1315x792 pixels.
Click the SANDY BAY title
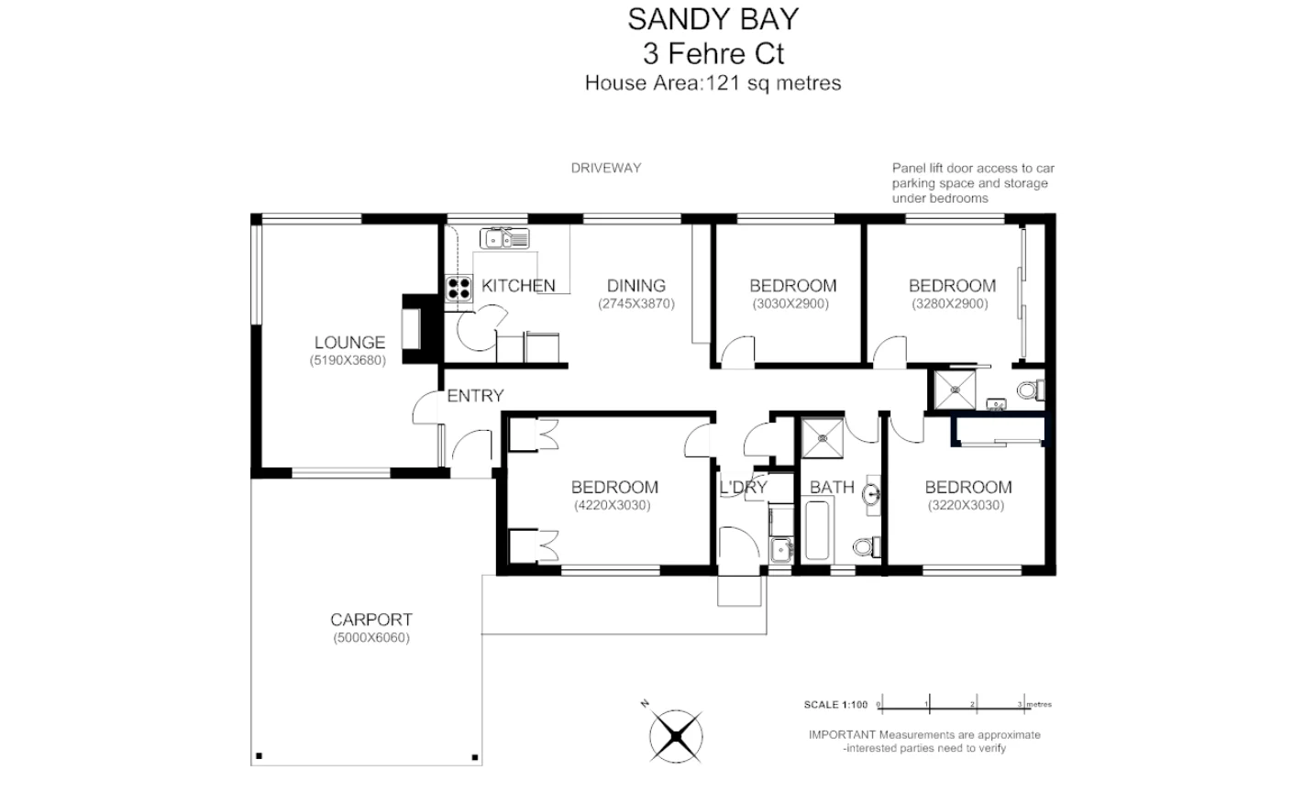(x=713, y=18)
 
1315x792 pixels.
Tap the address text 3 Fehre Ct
(x=713, y=53)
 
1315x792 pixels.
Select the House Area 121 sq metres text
(x=713, y=83)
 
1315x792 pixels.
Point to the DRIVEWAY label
(x=605, y=168)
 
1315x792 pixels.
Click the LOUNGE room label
(x=349, y=343)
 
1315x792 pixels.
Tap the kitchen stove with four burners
(x=457, y=289)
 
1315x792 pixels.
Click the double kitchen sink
(x=503, y=239)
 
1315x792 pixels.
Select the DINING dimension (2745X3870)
(x=636, y=303)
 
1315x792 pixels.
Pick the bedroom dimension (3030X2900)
(x=790, y=303)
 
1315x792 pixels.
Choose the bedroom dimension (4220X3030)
(x=612, y=505)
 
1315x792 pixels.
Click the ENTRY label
(x=475, y=396)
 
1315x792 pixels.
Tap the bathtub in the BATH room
(x=816, y=531)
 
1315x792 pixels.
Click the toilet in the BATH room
(x=865, y=547)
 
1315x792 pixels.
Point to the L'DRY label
(x=743, y=488)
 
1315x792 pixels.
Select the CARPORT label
(x=371, y=620)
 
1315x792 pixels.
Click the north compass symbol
(x=676, y=733)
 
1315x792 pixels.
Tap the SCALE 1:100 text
(x=834, y=705)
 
